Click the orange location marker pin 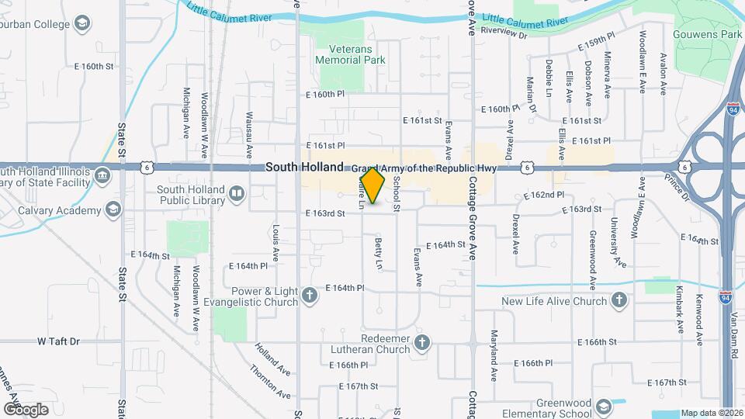[373, 185]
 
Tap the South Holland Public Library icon [237, 192]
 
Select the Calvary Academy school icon [114, 210]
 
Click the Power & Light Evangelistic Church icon [310, 296]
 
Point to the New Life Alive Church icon [619, 301]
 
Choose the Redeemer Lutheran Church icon [422, 343]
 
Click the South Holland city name [304, 167]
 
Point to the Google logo [26, 409]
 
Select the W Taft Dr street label [59, 341]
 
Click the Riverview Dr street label [504, 34]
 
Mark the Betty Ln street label [379, 255]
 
